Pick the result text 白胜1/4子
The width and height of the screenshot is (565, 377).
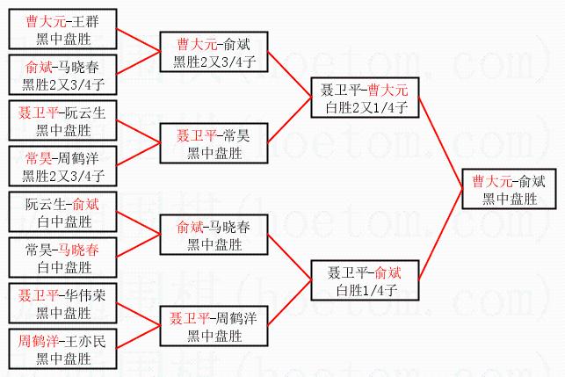tap(363, 289)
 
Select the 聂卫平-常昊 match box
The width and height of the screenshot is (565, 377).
tap(212, 144)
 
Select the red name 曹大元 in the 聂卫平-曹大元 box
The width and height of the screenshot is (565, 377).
tap(388, 89)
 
